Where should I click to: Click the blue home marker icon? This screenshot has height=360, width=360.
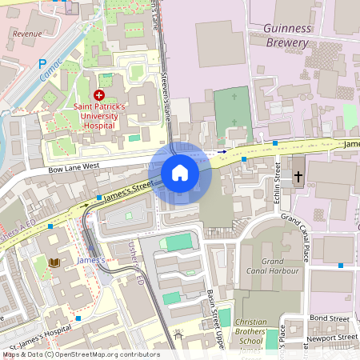coord(180,173)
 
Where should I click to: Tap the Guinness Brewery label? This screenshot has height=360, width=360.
coord(286,35)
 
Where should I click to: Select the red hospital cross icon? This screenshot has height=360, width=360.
coord(99,94)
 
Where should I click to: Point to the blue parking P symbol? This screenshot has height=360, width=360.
coord(42,63)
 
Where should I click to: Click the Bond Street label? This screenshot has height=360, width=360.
coord(330,318)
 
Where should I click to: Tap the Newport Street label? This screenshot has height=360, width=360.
coord(331,338)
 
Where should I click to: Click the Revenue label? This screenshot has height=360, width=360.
coord(27,34)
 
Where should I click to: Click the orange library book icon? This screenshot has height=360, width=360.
coord(54,262)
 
